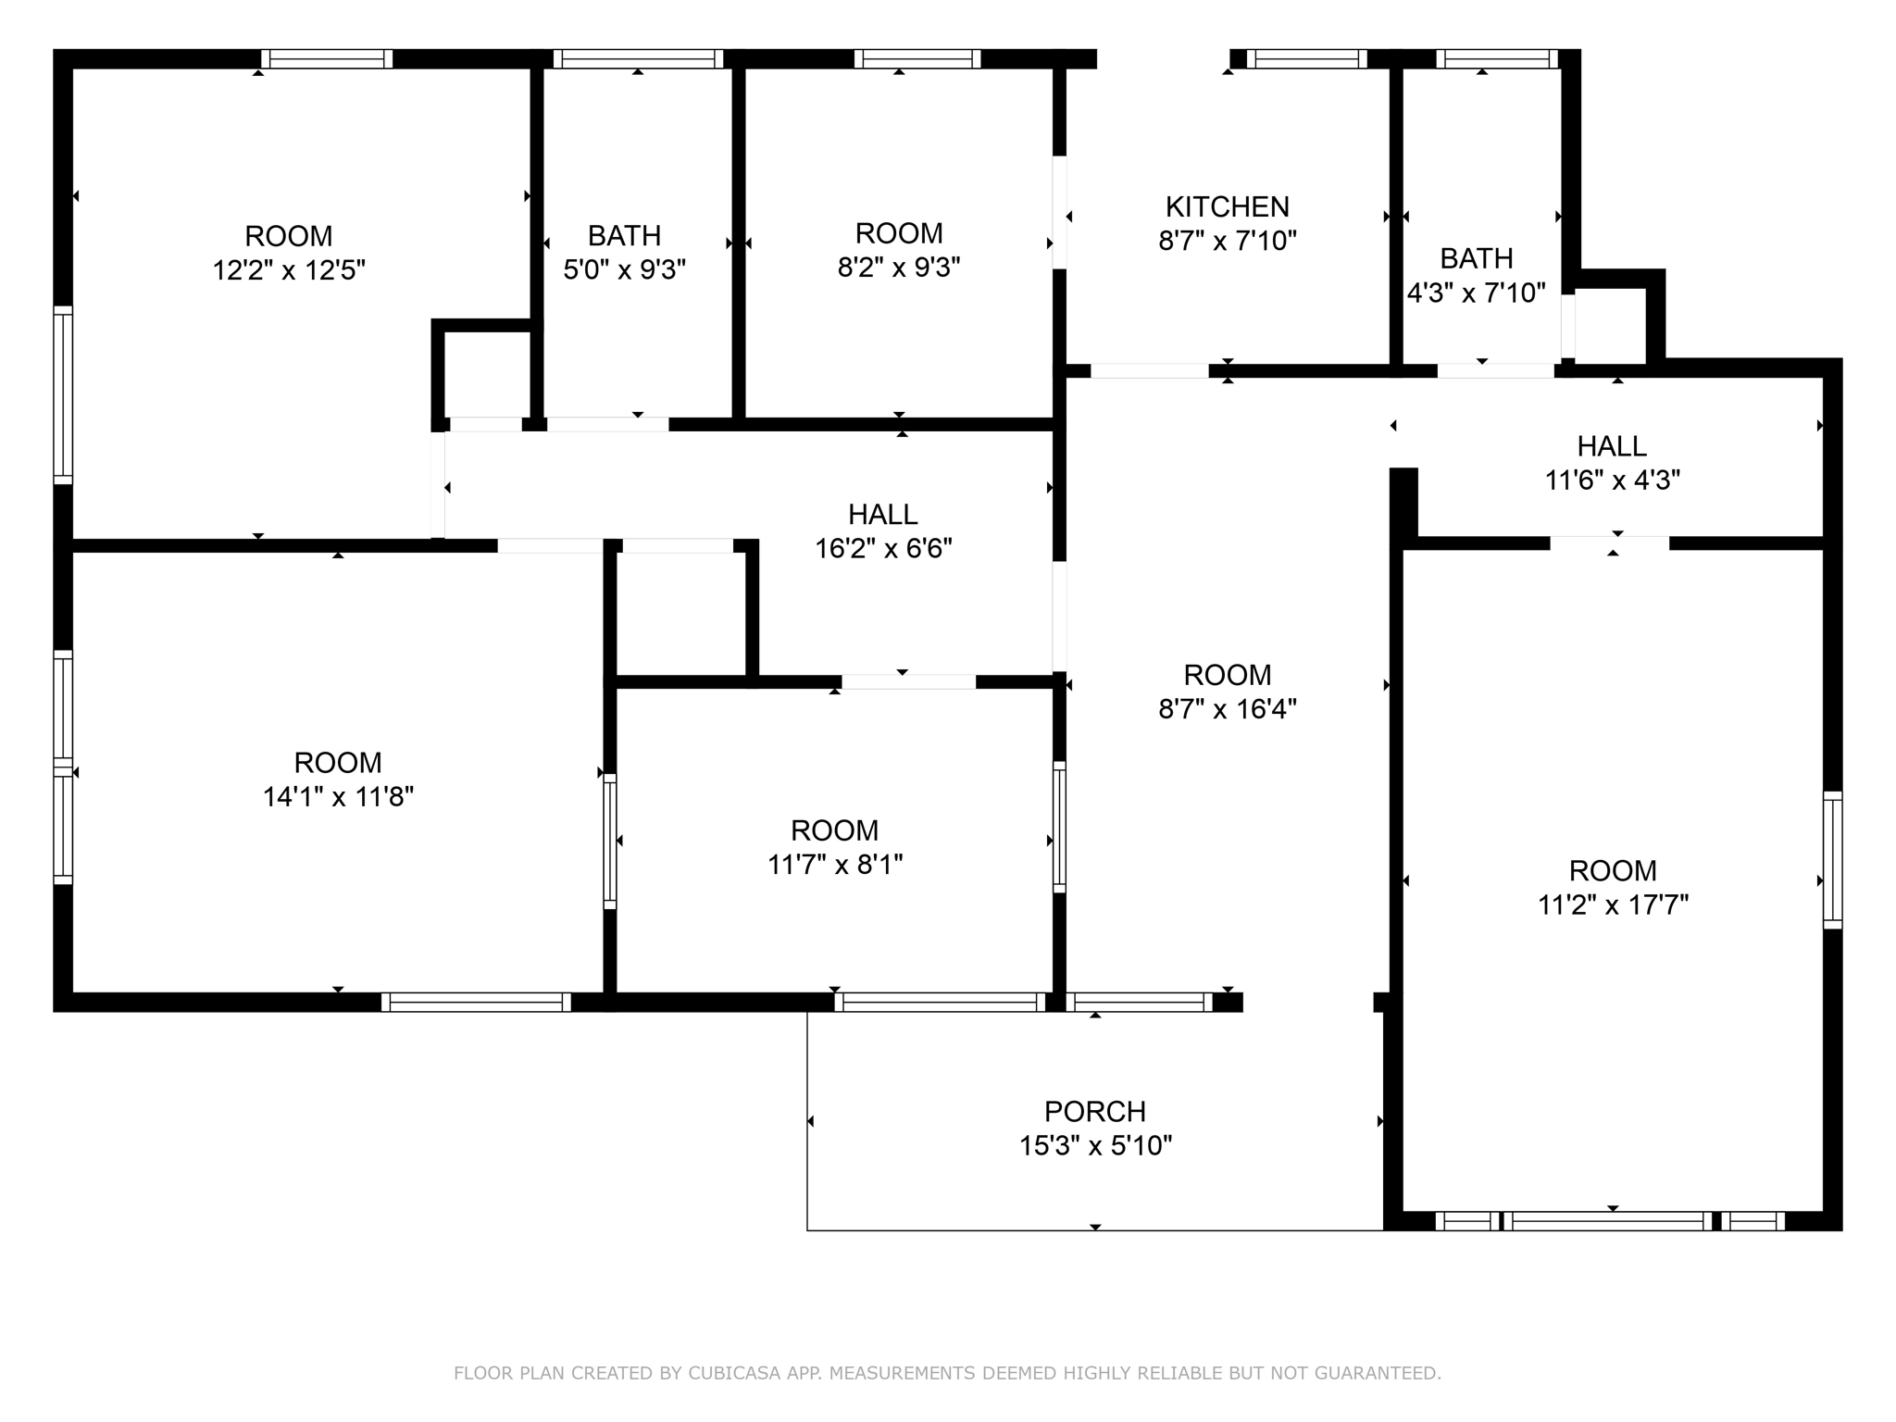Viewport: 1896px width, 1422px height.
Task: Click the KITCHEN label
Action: tap(1227, 206)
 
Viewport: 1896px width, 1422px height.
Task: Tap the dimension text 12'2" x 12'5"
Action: tap(289, 271)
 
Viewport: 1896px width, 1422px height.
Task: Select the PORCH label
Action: tap(1094, 1111)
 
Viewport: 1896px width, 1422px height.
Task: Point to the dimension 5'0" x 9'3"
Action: tap(624, 270)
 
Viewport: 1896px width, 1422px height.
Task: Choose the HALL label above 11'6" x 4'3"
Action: tap(1611, 446)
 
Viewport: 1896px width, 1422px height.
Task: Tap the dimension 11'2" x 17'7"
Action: tap(1613, 905)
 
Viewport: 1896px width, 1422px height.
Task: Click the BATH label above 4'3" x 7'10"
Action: tap(1476, 258)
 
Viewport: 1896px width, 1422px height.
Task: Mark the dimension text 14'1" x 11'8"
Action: tap(338, 797)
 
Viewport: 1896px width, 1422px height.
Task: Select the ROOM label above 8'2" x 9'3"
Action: tap(898, 233)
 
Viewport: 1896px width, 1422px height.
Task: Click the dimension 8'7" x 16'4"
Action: tap(1227, 710)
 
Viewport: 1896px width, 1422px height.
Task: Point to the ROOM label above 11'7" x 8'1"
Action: tap(834, 830)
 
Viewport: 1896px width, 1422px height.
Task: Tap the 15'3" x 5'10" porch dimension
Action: tap(1094, 1146)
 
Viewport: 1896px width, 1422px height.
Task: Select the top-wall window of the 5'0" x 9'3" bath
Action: tap(638, 59)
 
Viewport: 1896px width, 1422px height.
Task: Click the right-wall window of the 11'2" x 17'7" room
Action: tap(1832, 859)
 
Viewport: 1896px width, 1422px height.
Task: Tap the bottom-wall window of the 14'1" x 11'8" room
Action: tap(476, 1002)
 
